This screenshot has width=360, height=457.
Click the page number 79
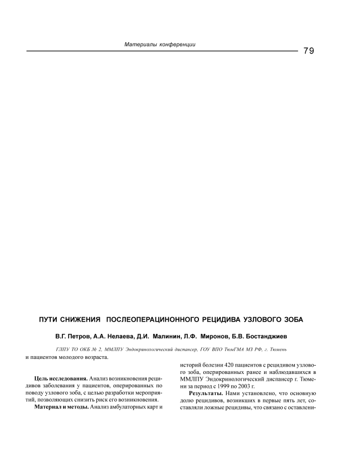pos(309,51)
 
